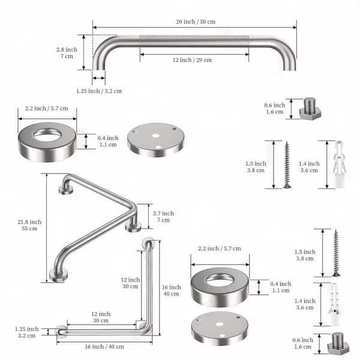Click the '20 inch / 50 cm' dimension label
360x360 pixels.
pos(196,22)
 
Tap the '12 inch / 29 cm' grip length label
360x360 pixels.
pos(192,60)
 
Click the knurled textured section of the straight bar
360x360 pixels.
pos(194,41)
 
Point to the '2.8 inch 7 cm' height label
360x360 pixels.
pos(67,53)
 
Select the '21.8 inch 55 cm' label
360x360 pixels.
pos(29,225)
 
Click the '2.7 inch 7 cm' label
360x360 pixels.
pos(163,217)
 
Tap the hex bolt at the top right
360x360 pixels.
pos(310,108)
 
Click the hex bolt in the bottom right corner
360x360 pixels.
pos(338,343)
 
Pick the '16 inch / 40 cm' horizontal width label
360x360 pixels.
pos(104,346)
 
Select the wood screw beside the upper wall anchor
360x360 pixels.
pos(287,164)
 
